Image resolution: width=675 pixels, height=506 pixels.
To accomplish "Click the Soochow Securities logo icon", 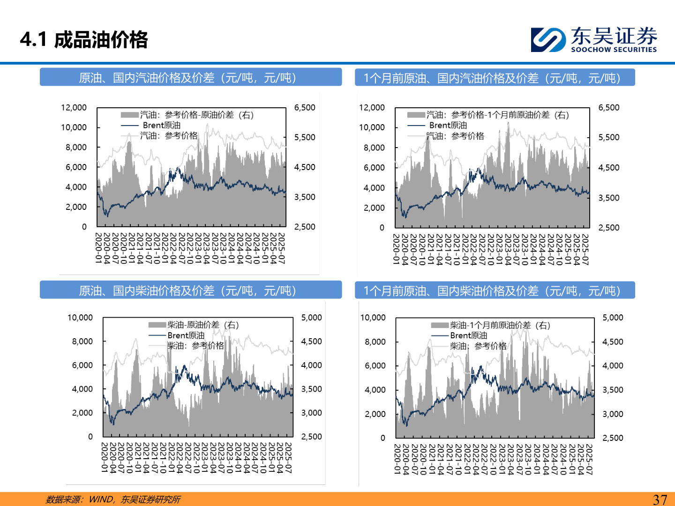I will pyautogui.click(x=548, y=39).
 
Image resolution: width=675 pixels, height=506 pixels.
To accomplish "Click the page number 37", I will pyautogui.click(x=660, y=499).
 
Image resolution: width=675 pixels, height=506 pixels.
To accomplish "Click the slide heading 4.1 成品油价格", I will pyautogui.click(x=84, y=39).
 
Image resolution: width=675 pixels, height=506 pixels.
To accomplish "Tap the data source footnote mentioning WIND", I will pyautogui.click(x=113, y=499).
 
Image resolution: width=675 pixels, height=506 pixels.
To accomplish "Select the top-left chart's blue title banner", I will pyautogui.click(x=190, y=77).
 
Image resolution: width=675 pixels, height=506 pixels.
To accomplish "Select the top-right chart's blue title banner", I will pyautogui.click(x=495, y=78).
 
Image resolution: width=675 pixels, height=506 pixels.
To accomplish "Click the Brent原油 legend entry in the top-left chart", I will pyautogui.click(x=161, y=125).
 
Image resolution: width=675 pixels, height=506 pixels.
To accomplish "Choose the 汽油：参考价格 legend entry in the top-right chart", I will pyautogui.click(x=455, y=136).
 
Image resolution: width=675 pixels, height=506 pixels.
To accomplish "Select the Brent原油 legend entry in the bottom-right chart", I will pyautogui.click(x=468, y=335).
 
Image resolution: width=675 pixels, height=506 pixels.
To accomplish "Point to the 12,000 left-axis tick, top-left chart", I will pyautogui.click(x=74, y=107).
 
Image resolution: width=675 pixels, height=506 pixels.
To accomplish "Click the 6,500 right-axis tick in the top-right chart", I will pyautogui.click(x=608, y=107).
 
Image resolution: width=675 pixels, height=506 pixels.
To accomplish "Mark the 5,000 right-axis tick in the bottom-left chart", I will pyautogui.click(x=311, y=317).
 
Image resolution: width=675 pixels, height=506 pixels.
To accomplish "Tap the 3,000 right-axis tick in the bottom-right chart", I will pyautogui.click(x=613, y=414).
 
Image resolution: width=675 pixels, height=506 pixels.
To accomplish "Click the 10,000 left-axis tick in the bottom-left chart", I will pyautogui.click(x=80, y=317).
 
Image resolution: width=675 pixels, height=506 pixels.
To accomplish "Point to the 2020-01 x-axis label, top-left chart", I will pyautogui.click(x=98, y=248).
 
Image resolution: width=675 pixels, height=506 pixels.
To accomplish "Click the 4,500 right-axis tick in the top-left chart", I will pyautogui.click(x=305, y=167).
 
